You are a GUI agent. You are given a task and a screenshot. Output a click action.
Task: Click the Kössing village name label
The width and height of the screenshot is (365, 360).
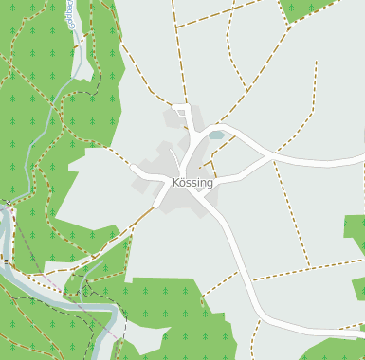point(192,182)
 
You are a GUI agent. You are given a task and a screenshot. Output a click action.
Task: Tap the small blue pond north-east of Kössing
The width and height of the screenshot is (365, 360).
point(217,135)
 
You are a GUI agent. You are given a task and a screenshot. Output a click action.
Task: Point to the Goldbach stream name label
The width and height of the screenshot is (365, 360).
point(72,15)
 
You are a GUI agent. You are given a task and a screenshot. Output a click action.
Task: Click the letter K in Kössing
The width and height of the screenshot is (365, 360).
point(176,182)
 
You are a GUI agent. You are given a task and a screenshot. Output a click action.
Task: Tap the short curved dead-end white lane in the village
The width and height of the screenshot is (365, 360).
point(175,152)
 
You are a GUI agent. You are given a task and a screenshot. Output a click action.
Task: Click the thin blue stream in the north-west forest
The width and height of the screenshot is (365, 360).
point(43,123)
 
